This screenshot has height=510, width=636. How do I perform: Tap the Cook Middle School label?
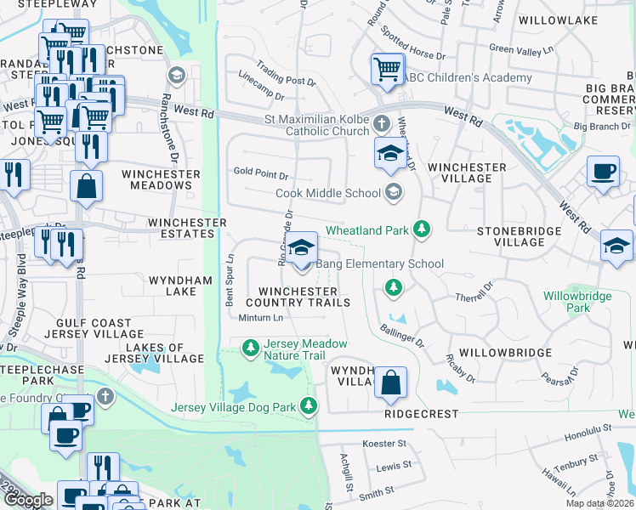click(328, 193)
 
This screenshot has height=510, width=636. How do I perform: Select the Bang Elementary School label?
click(379, 263)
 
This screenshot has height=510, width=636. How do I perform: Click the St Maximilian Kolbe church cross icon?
click(382, 123)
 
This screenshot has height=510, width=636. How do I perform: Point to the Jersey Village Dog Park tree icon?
click(310, 407)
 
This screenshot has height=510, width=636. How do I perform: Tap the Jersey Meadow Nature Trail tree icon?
click(251, 348)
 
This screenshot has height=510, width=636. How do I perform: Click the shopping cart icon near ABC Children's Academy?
click(388, 68)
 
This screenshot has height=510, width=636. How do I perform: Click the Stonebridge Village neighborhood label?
click(519, 236)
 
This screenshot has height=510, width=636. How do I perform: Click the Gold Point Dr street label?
click(261, 174)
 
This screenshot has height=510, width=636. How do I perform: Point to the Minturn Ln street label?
click(259, 318)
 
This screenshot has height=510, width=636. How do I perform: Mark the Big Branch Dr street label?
click(602, 127)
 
